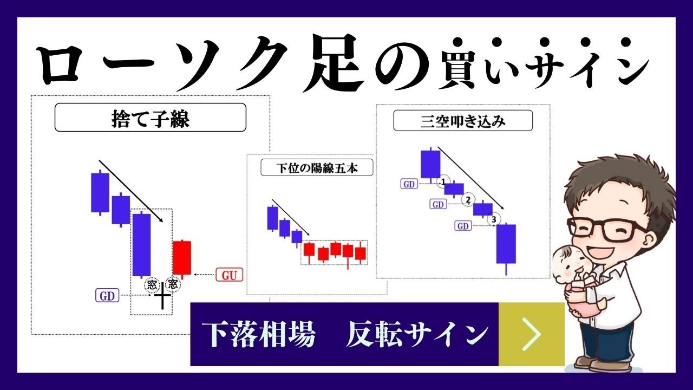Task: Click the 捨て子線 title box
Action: pos(151,118)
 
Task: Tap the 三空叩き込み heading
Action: pos(463,121)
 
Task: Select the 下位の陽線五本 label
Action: pos(317,168)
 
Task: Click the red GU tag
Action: pos(229,275)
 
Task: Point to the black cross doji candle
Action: pos(162,296)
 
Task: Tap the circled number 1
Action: pos(443,182)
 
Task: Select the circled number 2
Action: pos(468,200)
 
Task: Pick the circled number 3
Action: pos(494,219)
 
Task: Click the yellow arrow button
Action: pos(532,334)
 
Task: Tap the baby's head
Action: pos(568,264)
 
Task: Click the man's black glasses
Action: pos(607,229)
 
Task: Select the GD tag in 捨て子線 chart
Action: pos(107,296)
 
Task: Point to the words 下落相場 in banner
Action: pos(259,335)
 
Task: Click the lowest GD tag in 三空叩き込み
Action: pos(463,226)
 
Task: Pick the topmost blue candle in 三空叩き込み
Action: pos(430,165)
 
